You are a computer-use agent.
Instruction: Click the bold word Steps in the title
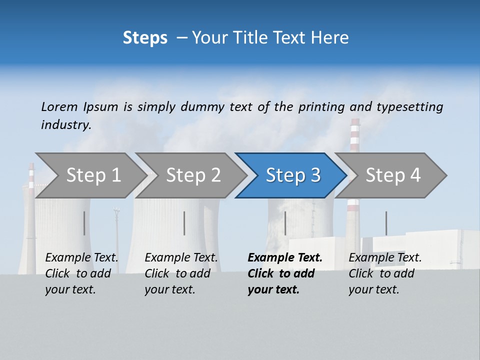click(x=145, y=38)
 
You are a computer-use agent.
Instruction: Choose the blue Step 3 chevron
click(x=292, y=175)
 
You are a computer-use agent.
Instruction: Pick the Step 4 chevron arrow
click(x=392, y=175)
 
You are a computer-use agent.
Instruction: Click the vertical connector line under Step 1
click(x=84, y=223)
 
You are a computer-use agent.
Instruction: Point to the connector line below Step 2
click(x=184, y=223)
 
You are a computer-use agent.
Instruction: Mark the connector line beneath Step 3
click(x=285, y=223)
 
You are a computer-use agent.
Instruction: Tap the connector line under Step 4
click(x=386, y=223)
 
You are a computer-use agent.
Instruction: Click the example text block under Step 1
click(x=81, y=273)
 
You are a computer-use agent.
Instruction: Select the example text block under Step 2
click(x=181, y=273)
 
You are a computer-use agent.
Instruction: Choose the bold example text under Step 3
click(x=284, y=273)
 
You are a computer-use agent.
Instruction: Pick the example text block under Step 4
click(x=385, y=273)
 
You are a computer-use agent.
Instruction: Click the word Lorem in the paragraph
click(x=59, y=106)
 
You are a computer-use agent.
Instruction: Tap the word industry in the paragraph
click(x=66, y=124)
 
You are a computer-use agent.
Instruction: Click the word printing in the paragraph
click(x=321, y=107)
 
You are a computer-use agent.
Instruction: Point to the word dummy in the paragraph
click(x=203, y=107)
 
